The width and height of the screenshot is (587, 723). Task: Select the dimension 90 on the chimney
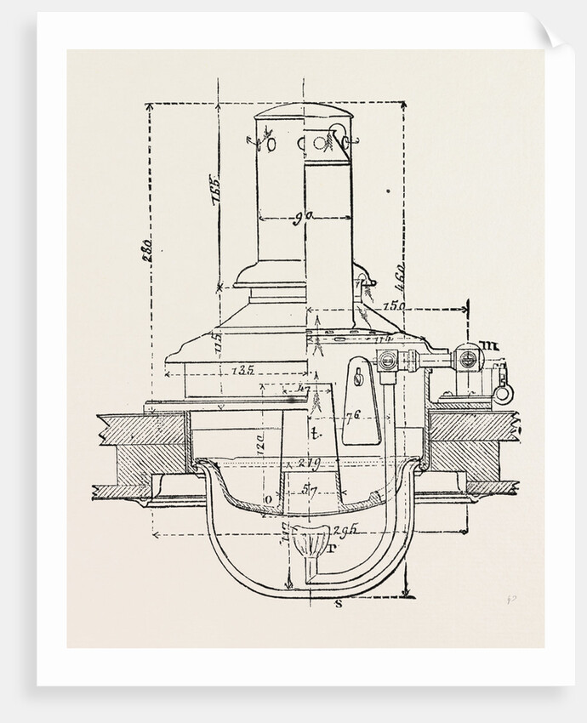(299, 218)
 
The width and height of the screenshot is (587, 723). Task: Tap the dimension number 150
(393, 305)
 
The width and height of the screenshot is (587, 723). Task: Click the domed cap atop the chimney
(304, 114)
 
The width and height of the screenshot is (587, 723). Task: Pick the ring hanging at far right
(504, 394)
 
